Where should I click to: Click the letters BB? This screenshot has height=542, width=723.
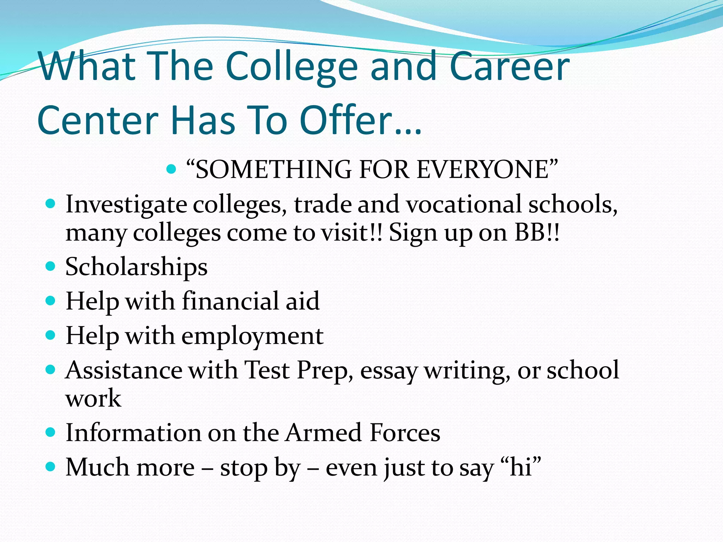pos(530,233)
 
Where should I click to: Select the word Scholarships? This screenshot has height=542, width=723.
pos(136,267)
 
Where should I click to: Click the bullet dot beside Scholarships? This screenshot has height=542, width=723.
pos(51,266)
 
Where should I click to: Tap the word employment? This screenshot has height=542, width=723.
pos(252,336)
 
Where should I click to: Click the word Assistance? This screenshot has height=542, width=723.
pos(124,370)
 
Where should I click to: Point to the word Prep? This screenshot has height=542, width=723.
pos(324,371)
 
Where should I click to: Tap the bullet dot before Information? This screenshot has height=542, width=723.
pos(51,432)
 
